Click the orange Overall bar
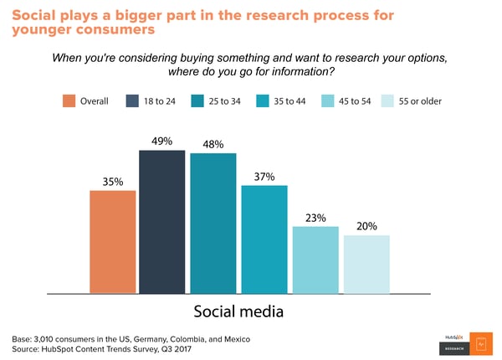coord(113,241)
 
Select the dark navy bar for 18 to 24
coord(161,222)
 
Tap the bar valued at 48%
coord(213,224)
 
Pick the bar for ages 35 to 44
coord(264,239)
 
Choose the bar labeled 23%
coord(315,260)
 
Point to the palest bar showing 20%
coord(366,264)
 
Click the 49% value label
coord(161,141)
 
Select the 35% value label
coord(113,181)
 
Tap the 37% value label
coord(264,176)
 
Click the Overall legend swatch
coord(69,101)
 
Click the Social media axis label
coord(238,311)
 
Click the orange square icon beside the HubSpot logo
coord(479,342)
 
